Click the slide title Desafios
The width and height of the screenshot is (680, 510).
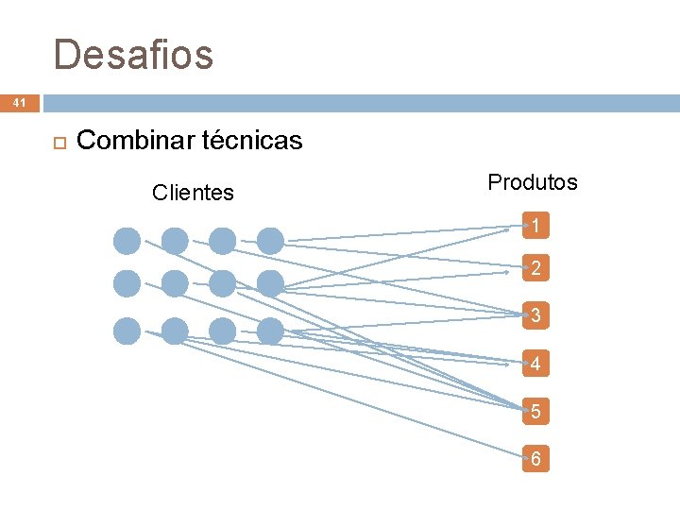(133, 55)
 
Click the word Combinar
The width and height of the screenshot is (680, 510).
(135, 142)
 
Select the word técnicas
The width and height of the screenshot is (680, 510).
(252, 142)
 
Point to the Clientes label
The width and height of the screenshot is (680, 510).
(193, 193)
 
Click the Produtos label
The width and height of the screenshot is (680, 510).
(533, 182)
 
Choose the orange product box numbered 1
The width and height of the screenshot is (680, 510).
(535, 227)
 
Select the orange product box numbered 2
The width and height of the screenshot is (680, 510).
(535, 269)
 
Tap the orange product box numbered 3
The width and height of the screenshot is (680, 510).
(535, 315)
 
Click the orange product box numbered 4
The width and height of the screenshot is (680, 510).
(535, 364)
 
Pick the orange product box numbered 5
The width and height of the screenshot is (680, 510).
(535, 412)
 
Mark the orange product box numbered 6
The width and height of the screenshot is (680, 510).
(535, 460)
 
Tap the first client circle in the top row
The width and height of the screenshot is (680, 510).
(127, 242)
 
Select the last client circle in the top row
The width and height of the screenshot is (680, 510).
(270, 242)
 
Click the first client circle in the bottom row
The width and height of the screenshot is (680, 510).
(127, 331)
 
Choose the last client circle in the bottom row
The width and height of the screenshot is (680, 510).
(270, 331)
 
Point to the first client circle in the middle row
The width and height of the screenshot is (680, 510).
(127, 283)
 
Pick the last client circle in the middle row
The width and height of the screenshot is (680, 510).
(270, 283)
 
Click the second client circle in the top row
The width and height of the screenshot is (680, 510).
(175, 242)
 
